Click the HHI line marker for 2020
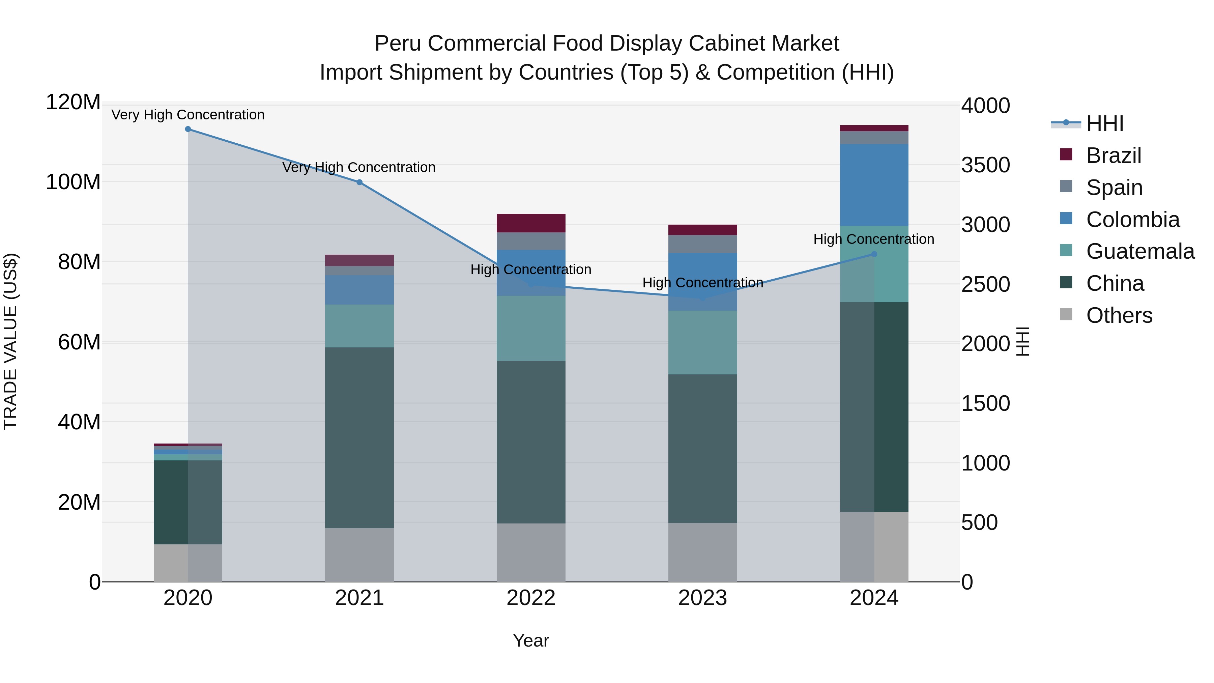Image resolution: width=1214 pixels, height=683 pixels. pos(188,129)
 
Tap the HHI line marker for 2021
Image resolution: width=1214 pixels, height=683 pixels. pos(359,182)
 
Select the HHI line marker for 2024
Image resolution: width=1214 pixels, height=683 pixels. pos(874,254)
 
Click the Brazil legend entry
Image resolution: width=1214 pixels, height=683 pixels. pos(1113,155)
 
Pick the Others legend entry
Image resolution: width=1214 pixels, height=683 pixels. pos(1119,315)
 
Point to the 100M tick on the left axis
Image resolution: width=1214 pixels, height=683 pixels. pos(73,182)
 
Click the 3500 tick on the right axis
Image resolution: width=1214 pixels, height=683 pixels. pos(985,165)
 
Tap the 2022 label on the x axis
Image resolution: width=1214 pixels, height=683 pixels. pos(531,598)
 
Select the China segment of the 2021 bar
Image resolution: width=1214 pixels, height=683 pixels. pos(359,437)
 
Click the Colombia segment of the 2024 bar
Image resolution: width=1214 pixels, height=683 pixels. pos(874,185)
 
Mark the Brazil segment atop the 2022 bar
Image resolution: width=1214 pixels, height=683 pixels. pos(531,223)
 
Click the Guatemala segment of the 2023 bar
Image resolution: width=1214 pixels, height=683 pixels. pos(703,343)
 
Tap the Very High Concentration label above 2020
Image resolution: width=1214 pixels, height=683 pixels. pos(188,115)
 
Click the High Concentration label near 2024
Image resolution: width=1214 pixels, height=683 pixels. pos(874,239)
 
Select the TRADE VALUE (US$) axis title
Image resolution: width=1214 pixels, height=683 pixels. pos(10,341)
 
